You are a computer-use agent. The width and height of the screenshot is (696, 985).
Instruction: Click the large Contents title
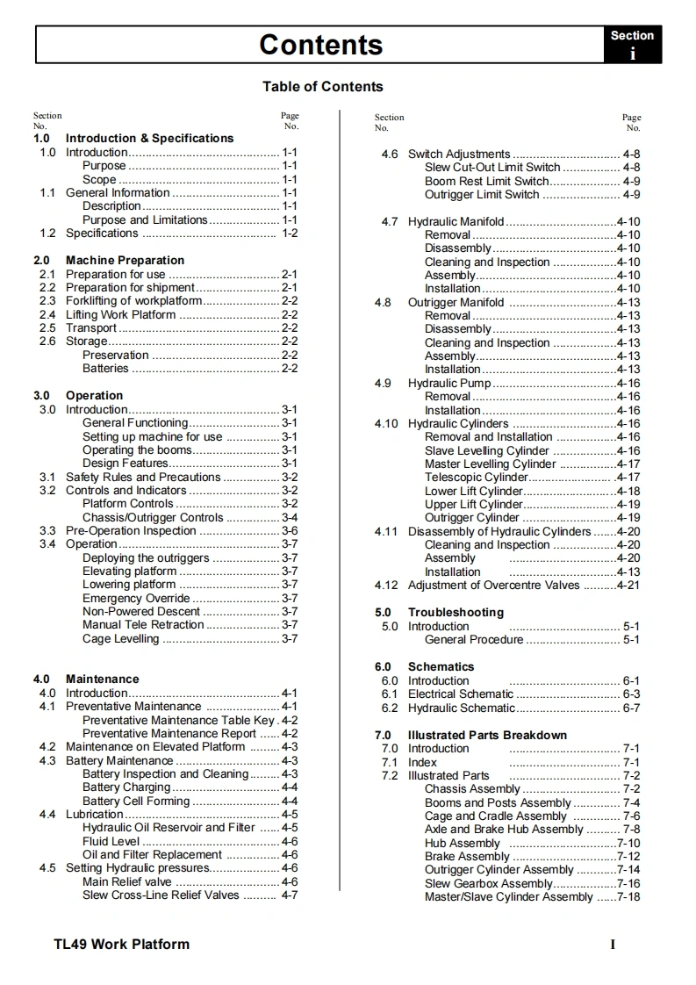(x=320, y=45)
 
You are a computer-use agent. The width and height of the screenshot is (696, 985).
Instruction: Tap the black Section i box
(x=632, y=45)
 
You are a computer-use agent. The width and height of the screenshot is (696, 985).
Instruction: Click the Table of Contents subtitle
(x=322, y=86)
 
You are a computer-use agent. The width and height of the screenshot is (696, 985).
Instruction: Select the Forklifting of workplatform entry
(x=133, y=301)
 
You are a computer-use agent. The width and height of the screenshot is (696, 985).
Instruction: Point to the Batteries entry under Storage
(x=105, y=369)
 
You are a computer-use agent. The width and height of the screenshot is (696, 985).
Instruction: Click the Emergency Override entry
(x=136, y=598)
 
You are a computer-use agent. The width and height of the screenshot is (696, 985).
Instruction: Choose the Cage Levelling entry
(x=121, y=638)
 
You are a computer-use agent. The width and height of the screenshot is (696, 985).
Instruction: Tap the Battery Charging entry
(x=126, y=787)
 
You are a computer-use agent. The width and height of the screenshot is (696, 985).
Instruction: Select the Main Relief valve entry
(x=127, y=881)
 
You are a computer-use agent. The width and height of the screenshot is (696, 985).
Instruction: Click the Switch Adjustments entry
(x=458, y=154)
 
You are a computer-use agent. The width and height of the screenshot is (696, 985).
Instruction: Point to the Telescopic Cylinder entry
(x=477, y=478)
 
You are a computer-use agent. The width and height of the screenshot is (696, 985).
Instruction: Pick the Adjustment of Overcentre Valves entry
(x=493, y=585)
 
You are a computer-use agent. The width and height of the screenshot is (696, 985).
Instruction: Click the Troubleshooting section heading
(x=456, y=612)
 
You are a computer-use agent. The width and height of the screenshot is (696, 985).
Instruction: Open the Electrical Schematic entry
(x=461, y=694)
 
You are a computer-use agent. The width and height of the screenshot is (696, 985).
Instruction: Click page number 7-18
(x=628, y=896)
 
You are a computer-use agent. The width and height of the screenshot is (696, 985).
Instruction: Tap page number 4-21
(x=628, y=585)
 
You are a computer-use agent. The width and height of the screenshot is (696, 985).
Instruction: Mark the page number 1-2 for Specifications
(x=290, y=233)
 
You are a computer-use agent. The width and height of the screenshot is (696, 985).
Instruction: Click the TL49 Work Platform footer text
(x=121, y=945)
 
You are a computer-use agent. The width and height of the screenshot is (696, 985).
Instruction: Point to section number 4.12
(x=386, y=585)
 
